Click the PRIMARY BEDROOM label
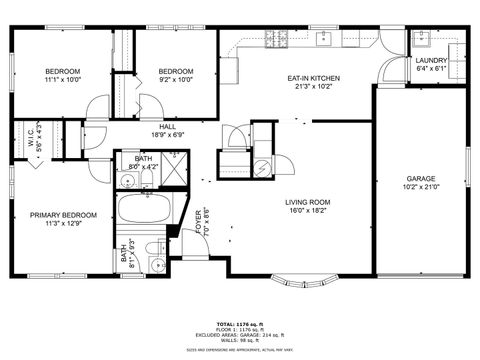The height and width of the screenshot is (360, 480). point(63,215)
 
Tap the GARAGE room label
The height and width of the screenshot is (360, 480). point(420,178)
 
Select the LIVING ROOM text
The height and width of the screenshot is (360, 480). point(309,202)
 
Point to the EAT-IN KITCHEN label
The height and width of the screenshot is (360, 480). point(314,78)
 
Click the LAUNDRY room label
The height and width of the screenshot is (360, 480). point(432,61)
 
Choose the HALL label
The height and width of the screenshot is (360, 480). point(167,127)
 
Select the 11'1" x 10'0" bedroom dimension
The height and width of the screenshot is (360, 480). point(62,80)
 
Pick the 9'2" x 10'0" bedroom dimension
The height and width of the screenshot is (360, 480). point(175,80)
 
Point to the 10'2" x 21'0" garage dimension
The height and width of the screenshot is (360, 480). point(420,187)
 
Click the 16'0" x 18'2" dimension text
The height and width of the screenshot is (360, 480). point(309,211)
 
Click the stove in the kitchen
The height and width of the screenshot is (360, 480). point(273,40)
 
